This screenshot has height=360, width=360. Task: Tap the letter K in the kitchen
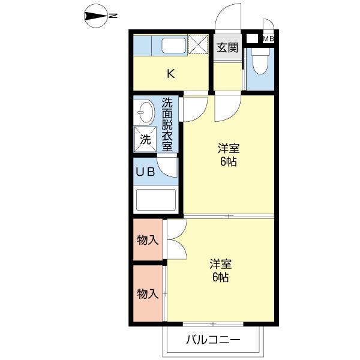click(171, 74)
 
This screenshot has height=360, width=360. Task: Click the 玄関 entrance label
click(227, 48)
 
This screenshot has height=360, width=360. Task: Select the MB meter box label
click(268, 39)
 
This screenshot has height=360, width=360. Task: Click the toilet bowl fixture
click(260, 61)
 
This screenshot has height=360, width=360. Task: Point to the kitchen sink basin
click(174, 46)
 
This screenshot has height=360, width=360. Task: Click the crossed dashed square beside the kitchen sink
click(198, 44)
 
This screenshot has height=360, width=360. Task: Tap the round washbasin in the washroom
click(145, 113)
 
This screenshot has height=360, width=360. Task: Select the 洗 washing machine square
click(145, 139)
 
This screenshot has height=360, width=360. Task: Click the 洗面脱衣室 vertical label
click(167, 124)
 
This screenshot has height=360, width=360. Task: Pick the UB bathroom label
click(145, 172)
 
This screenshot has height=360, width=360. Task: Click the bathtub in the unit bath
click(156, 200)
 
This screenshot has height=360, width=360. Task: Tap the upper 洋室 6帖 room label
click(229, 155)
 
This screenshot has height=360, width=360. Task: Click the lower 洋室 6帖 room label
click(221, 271)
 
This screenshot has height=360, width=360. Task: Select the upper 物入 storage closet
click(148, 239)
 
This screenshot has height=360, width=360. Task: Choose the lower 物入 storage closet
click(148, 293)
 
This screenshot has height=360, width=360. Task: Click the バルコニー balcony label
click(213, 340)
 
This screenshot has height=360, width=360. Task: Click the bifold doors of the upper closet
click(177, 239)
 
